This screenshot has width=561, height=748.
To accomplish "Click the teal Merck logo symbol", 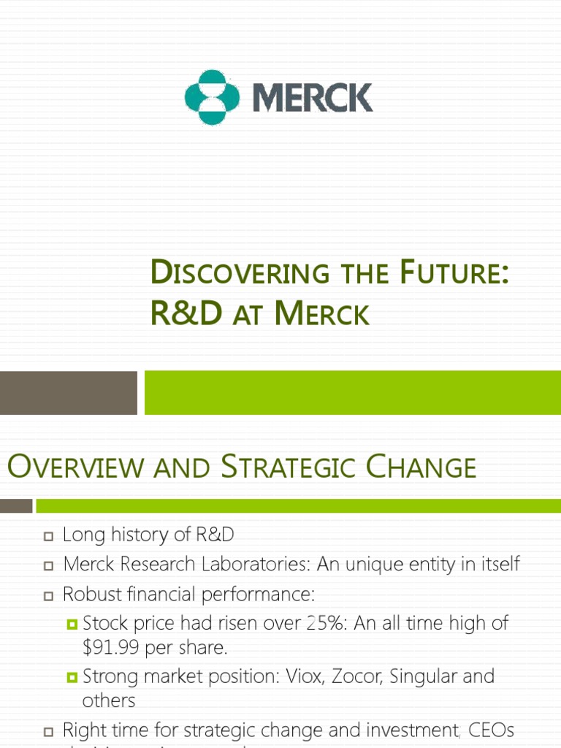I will point(212,97).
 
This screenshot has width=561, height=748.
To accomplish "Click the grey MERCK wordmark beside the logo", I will point(313,97).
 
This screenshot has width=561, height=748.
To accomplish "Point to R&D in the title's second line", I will point(183,313).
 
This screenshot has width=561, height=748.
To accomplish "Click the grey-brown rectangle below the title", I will point(68,392).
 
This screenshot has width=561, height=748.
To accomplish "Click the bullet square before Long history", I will point(49,536).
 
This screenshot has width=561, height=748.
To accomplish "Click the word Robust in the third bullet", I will point(89,595).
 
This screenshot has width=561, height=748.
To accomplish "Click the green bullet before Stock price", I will point(72,624).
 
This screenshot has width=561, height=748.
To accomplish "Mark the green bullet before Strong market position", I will point(72,677).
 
